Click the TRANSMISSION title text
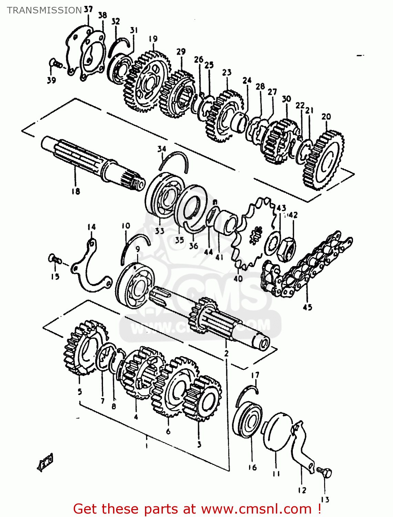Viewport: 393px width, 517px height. tap(44, 10)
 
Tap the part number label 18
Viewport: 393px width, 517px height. tap(75, 191)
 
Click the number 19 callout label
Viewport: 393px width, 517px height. tap(153, 39)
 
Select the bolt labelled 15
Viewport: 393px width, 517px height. tap(55, 259)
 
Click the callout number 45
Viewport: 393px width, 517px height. tap(307, 307)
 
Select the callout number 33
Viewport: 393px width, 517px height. tap(159, 231)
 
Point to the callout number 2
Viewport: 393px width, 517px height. tap(226, 353)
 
